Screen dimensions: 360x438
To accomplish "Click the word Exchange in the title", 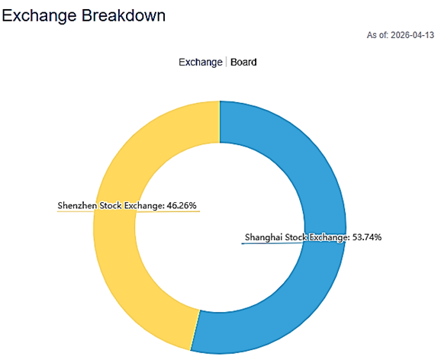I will point(39,14).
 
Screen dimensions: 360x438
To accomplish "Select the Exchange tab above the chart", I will point(199,62).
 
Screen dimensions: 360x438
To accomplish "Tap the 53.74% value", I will point(366,237).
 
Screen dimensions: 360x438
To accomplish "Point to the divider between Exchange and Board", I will point(227,62).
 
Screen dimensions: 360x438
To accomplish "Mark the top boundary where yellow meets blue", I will point(220,121).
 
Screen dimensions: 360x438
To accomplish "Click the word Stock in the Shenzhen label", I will point(114,205).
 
